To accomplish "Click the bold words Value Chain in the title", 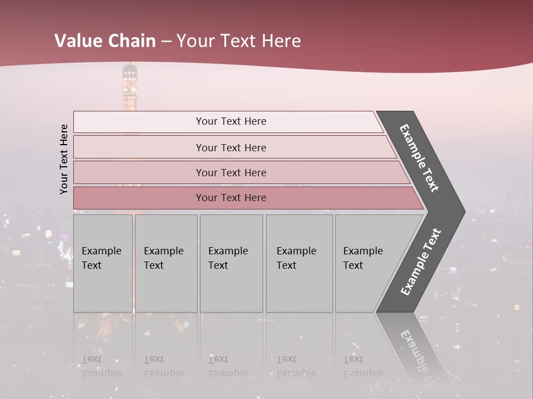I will point(105,41).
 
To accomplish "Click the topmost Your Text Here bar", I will point(230,121).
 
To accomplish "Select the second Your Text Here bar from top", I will point(230,147).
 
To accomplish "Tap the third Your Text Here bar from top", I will point(230,172).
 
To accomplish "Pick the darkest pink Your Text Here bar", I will point(230,198).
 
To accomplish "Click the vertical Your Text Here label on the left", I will point(64,159).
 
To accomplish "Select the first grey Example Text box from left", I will point(103,263).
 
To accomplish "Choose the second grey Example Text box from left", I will point(165,263).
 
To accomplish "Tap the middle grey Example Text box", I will point(231,263).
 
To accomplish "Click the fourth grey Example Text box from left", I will point(299,263).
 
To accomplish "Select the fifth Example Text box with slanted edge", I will point(366,263).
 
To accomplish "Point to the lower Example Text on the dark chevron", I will point(421,262).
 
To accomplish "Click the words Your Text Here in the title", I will point(239,41).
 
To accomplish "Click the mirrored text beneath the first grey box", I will point(101,366).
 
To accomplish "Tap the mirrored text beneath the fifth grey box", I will point(363,366).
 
